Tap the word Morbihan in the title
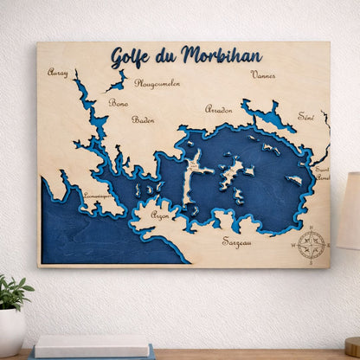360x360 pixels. coord(222,56)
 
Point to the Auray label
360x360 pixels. coord(58,73)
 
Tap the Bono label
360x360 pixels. coord(119,103)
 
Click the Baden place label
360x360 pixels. coord(143,119)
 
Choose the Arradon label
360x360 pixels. coord(218,109)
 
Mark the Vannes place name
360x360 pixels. coord(263,74)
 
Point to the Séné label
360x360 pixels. coord(305,116)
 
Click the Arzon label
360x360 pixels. coord(160,214)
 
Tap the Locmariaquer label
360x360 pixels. coord(97,196)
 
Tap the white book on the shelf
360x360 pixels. coord(80,345)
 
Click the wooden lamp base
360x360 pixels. coord(353,346)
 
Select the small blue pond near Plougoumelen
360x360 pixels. coord(116,85)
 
